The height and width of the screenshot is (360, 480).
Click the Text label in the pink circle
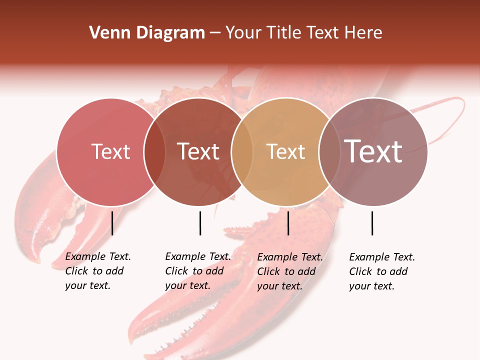click(x=110, y=152)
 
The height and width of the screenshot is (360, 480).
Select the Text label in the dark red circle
click(x=198, y=152)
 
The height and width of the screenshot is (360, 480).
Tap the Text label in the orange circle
click(x=285, y=152)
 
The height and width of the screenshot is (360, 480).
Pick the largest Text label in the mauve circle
click(x=373, y=151)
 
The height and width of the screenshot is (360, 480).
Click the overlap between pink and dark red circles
click(x=154, y=152)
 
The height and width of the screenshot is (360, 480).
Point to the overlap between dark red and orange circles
click(x=242, y=152)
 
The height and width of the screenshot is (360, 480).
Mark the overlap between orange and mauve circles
click(x=329, y=152)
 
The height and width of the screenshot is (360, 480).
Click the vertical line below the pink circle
click(x=112, y=223)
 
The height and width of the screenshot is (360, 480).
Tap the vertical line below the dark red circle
click(x=200, y=223)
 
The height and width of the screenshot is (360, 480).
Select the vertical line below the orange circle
click(x=288, y=223)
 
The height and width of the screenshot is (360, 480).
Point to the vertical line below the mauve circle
click(x=372, y=223)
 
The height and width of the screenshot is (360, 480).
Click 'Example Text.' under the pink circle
click(x=98, y=256)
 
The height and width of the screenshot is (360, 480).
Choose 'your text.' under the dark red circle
click(x=187, y=285)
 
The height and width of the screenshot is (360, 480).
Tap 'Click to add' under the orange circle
click(x=286, y=271)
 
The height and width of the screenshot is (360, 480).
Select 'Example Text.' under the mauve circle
click(x=382, y=257)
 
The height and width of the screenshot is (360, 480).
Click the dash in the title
click(x=215, y=33)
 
